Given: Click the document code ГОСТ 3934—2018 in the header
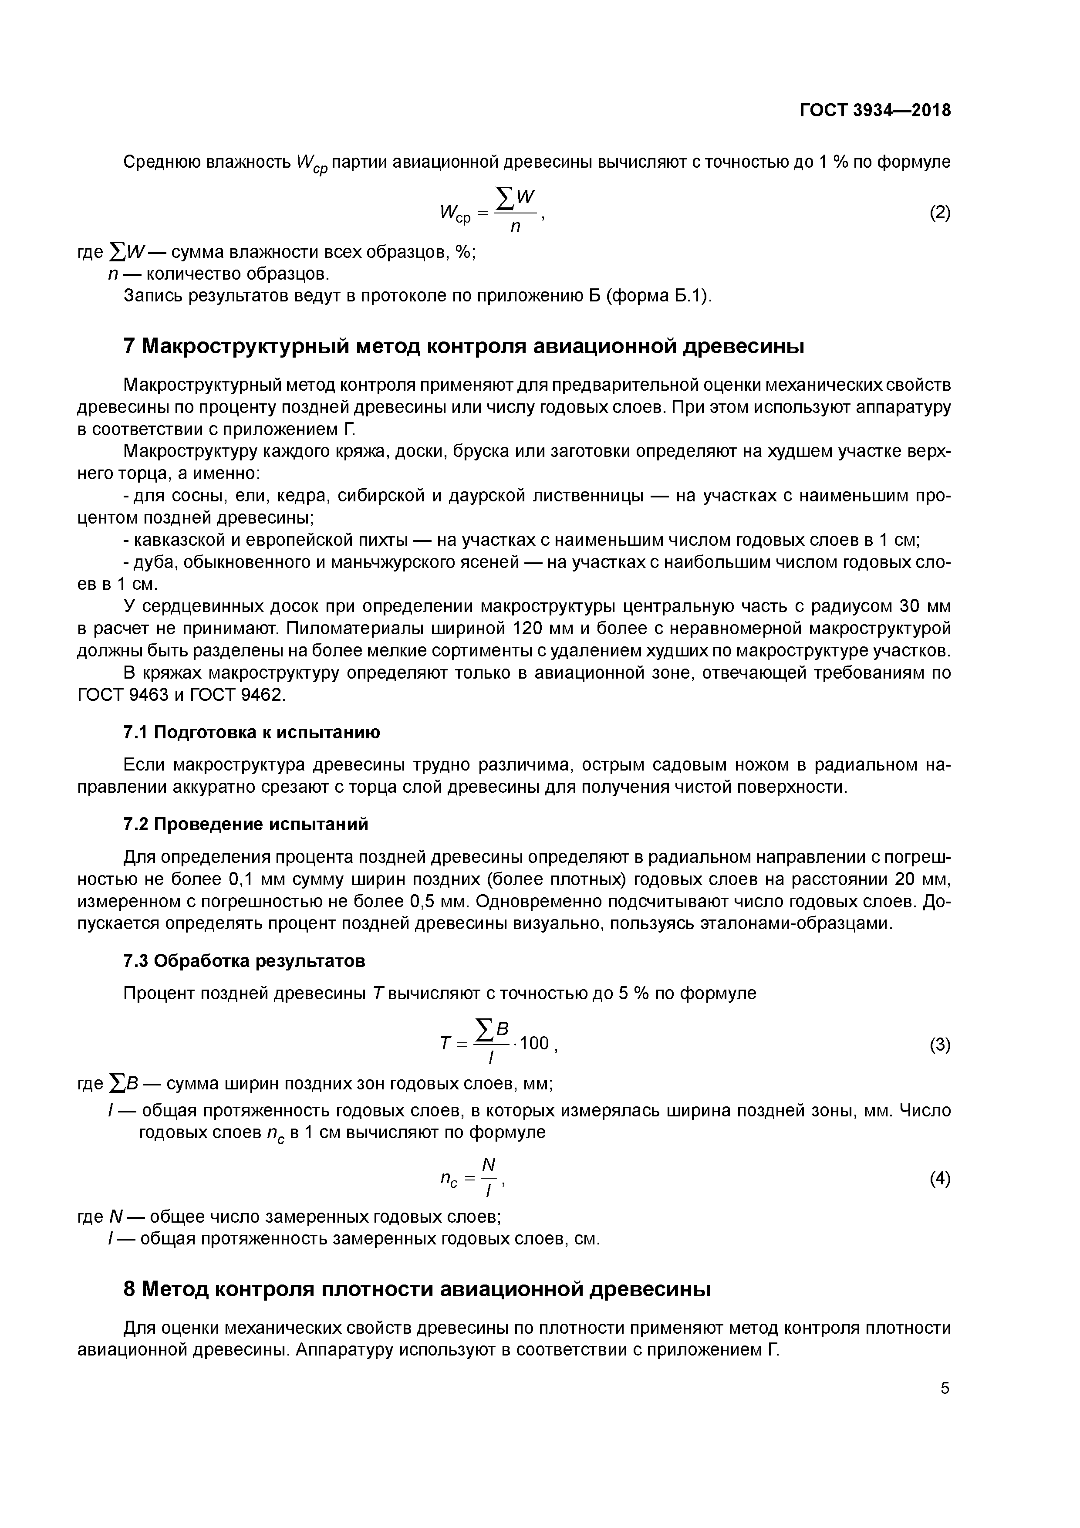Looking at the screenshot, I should pos(874,111).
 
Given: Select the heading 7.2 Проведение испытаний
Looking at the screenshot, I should pos(246,825).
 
